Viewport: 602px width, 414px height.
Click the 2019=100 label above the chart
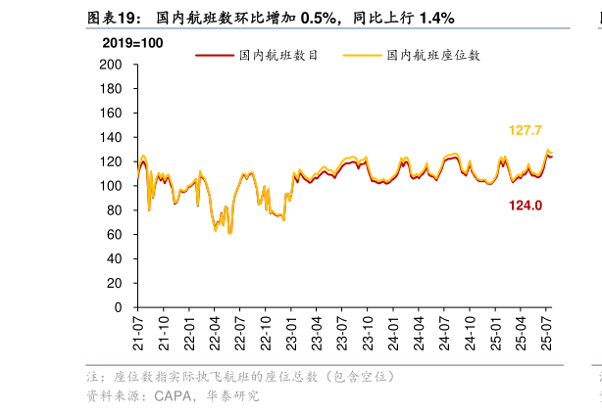[x=132, y=43]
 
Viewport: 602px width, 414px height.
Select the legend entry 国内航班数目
[x=278, y=56]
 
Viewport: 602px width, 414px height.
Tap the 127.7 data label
[x=526, y=130]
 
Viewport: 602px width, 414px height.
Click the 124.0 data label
[x=526, y=206]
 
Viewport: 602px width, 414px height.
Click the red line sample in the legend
[x=213, y=56]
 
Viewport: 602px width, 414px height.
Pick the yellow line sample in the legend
[x=360, y=56]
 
